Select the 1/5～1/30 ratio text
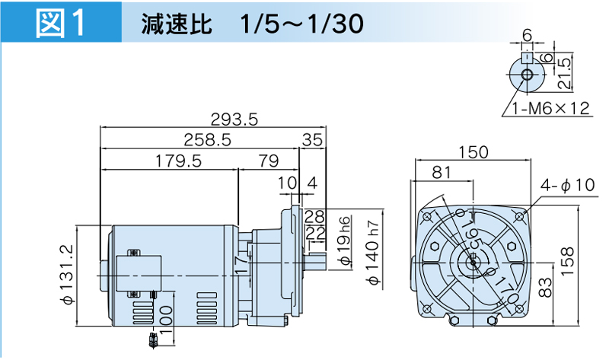(x=300, y=23)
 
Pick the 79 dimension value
(x=267, y=161)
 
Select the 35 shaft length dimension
(x=312, y=139)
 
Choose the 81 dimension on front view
(x=442, y=173)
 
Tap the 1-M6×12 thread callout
(x=550, y=108)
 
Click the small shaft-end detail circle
(x=525, y=75)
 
